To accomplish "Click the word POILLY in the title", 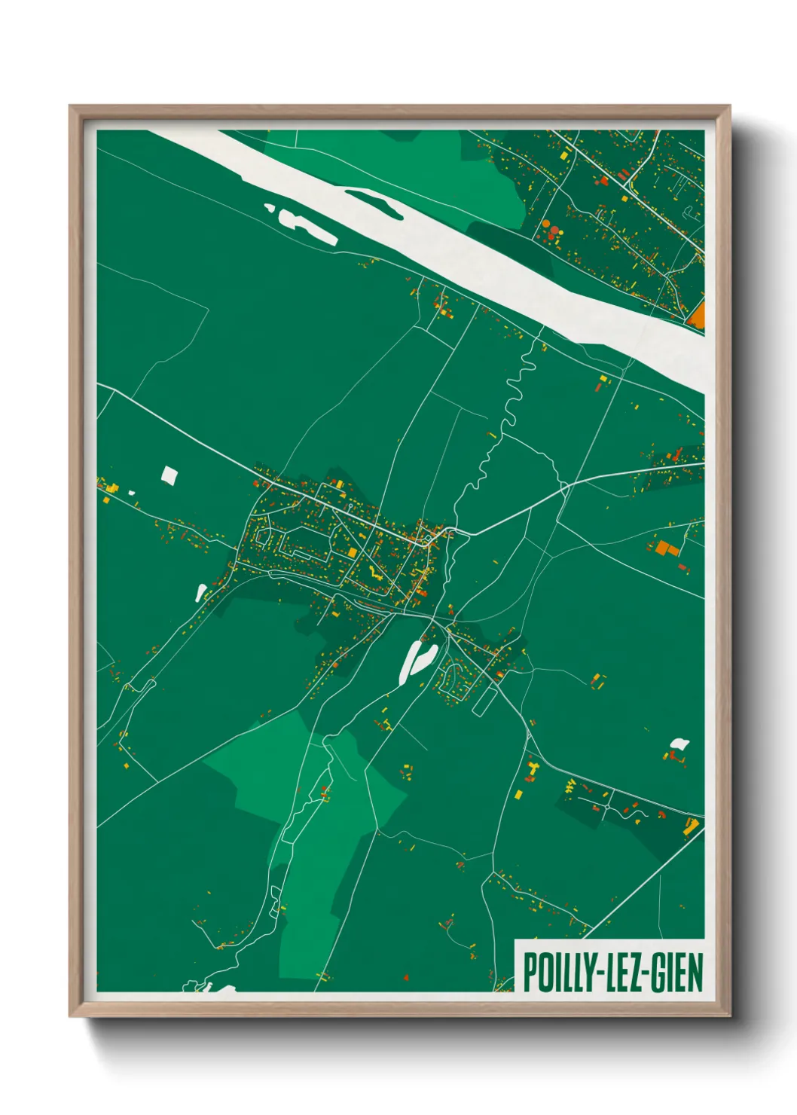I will click(x=556, y=973).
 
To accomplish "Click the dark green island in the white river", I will click(x=374, y=202).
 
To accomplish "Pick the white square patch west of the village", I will click(x=169, y=475).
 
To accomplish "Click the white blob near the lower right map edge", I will click(x=679, y=744).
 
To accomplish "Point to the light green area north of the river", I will click(x=422, y=170).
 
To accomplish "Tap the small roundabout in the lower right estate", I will click(x=607, y=808).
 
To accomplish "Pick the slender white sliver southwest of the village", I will click(x=201, y=593).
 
